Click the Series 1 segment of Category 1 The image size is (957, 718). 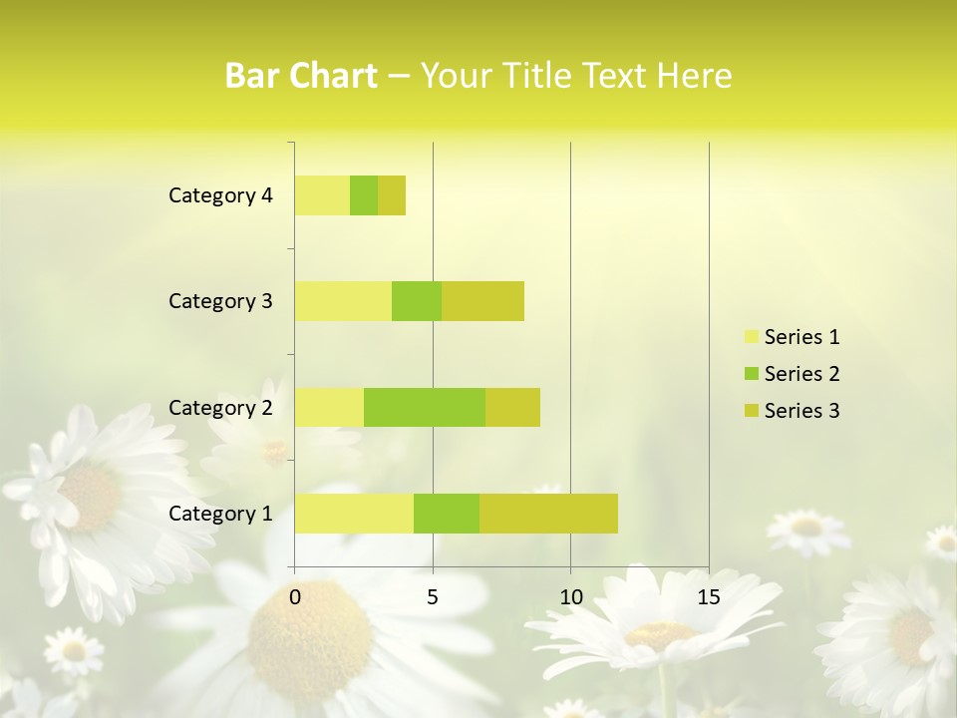354,513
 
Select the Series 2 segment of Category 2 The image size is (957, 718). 425,407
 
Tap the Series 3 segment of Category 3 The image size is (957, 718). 482,301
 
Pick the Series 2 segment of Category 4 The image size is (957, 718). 364,195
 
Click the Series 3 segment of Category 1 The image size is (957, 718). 548,513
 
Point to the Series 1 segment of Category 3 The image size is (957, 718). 343,301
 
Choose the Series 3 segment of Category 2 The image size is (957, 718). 512,407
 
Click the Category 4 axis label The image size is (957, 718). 220,195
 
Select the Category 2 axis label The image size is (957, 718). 220,407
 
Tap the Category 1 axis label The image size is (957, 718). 220,514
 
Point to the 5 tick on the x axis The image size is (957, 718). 433,597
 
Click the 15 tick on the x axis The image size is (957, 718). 709,597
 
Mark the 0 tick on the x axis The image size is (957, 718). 295,597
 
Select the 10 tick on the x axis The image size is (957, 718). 570,597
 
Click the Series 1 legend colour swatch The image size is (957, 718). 751,337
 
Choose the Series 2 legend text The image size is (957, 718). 801,374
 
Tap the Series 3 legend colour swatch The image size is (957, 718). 751,411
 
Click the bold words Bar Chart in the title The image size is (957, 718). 301,76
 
